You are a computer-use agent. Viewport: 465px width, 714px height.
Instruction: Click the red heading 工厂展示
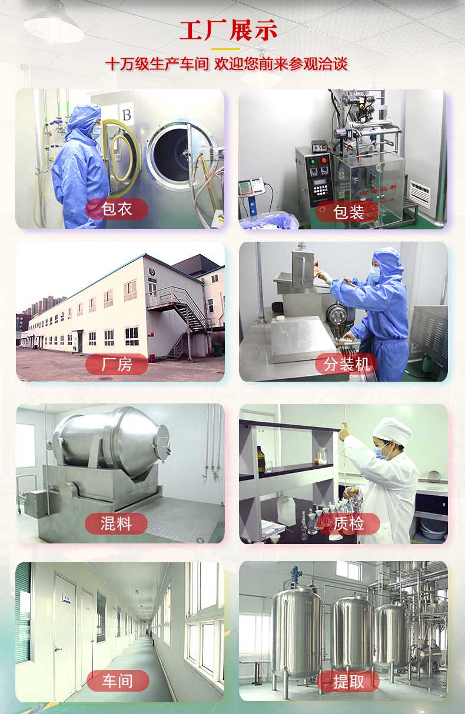point(228,31)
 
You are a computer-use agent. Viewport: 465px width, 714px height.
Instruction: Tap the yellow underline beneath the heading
point(225,49)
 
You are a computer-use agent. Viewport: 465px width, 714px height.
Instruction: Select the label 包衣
point(117,209)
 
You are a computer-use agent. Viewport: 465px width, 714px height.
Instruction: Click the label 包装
point(348,212)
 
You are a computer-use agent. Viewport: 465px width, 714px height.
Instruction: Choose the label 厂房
point(117,364)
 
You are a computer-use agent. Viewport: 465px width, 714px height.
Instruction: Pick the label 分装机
point(347,364)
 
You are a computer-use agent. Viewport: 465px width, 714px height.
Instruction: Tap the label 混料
point(116,523)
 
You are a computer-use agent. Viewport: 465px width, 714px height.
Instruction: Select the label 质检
point(348,523)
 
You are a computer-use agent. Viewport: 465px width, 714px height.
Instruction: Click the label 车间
point(117,680)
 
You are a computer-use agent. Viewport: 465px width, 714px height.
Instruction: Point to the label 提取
point(348,681)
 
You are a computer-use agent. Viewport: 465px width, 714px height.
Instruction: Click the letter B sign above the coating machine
point(127,115)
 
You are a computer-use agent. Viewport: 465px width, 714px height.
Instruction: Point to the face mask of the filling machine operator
point(376,274)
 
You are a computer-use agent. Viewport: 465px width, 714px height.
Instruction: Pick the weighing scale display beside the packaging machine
point(252,185)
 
